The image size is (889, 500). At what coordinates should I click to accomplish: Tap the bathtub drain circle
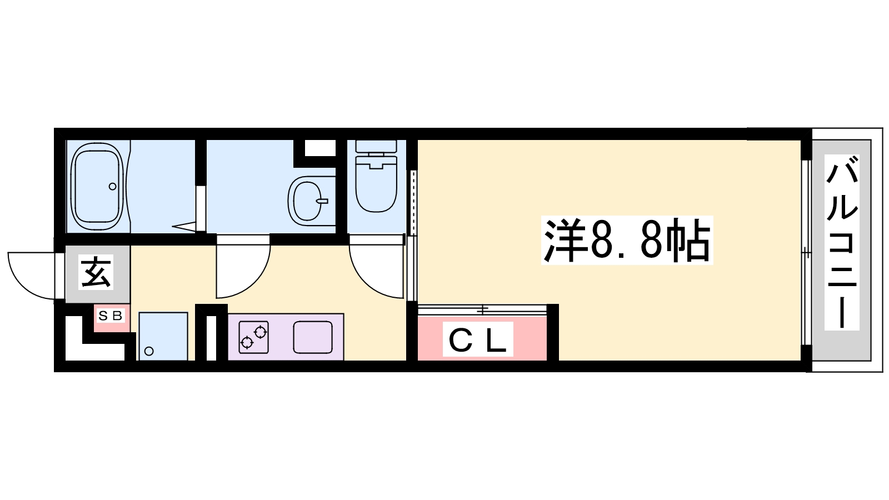113,186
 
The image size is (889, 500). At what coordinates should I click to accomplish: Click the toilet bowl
376,184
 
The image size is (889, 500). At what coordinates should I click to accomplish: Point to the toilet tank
376,146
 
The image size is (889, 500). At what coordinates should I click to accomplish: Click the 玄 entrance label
96,272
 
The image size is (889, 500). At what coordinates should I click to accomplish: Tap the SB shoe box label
111,316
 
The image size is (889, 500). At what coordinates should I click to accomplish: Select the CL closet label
478,339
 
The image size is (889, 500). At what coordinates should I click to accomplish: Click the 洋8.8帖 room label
627,241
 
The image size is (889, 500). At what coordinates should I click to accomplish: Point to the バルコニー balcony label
842,242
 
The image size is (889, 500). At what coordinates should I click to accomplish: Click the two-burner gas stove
253,337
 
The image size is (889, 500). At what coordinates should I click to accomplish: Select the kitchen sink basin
313,337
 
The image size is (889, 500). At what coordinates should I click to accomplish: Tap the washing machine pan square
163,336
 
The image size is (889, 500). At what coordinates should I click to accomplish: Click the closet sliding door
482,309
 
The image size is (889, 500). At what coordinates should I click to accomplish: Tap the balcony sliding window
806,252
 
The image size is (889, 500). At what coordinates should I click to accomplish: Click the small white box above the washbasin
320,148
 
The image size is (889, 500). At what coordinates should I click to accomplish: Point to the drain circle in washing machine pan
149,351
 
